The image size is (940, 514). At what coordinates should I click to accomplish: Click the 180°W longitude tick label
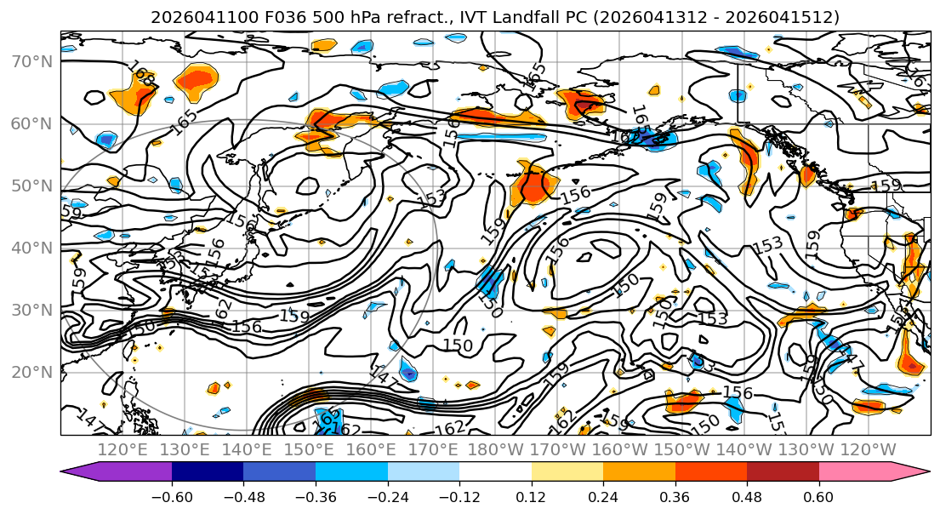tap(496, 449)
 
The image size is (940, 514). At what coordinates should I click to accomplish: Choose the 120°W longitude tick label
tap(869, 449)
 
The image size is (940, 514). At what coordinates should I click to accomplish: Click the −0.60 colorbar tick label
tap(172, 496)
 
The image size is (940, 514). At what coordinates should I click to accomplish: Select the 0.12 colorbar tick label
tap(532, 496)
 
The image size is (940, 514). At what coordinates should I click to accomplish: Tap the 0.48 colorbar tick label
tap(747, 496)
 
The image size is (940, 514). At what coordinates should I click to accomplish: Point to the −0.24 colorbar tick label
tap(387, 496)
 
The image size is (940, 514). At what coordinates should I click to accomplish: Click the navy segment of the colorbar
tap(208, 471)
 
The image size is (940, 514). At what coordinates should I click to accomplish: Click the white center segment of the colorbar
tap(495, 471)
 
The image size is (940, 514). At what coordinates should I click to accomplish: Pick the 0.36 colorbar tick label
tap(675, 496)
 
